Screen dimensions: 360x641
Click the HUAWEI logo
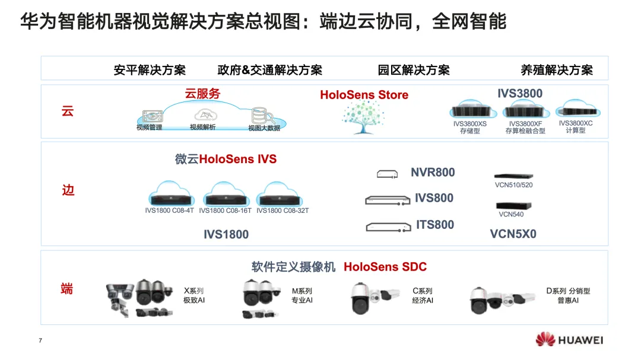[569, 340]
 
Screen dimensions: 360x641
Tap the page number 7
[40, 340]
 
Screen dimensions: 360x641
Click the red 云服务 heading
[202, 93]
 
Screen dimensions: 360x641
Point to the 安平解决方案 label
[150, 70]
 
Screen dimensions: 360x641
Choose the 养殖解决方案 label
[556, 70]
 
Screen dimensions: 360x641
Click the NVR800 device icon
[386, 174]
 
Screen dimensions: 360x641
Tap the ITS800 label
[435, 224]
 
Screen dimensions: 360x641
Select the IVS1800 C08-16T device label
[225, 211]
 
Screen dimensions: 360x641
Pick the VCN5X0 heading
[513, 234]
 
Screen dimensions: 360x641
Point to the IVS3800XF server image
[523, 111]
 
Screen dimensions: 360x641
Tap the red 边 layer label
[68, 190]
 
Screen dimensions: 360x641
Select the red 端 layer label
[67, 289]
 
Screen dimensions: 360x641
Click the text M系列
[302, 291]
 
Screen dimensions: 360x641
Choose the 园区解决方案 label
[414, 70]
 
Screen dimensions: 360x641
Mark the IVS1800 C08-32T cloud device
[282, 195]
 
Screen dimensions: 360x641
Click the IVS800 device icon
[387, 200]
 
